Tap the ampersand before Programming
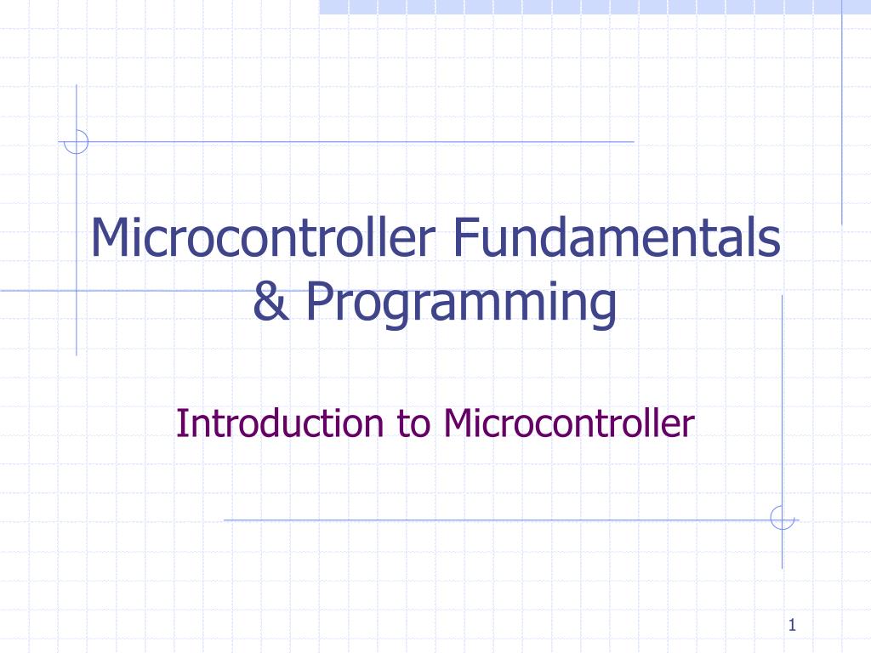(270, 303)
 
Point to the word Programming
(460, 304)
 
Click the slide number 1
(791, 627)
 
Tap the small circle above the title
(77, 141)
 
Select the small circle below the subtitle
(782, 518)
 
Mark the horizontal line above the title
(357, 141)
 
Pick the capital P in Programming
(318, 303)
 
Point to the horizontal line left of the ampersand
(128, 291)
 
